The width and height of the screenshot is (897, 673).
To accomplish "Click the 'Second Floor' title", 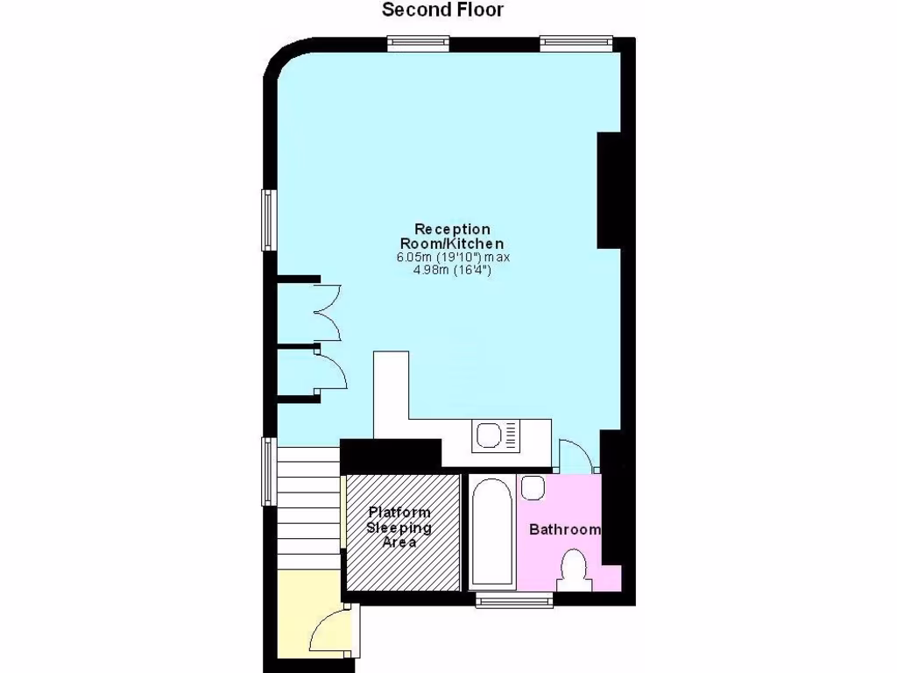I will pos(443,11).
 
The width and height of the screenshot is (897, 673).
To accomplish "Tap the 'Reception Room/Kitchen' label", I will pos(452,237).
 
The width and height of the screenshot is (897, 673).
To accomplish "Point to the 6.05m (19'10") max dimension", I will pos(452,258).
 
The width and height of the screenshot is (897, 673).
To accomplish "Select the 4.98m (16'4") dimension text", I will pos(452,271).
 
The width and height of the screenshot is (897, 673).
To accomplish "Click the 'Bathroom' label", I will pos(565,529).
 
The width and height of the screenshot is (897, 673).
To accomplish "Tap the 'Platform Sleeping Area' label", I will pos(399,527).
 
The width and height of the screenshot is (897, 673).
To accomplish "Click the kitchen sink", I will pos(496,436).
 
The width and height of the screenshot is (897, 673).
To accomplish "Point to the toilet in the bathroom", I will pos(575,570).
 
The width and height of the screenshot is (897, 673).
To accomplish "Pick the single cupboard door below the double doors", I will pos(332,372).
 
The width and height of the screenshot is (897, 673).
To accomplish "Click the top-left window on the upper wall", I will pos(418,41).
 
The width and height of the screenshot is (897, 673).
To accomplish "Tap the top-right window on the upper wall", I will pos(576,41).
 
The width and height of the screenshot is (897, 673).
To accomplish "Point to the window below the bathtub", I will pos(514,600).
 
